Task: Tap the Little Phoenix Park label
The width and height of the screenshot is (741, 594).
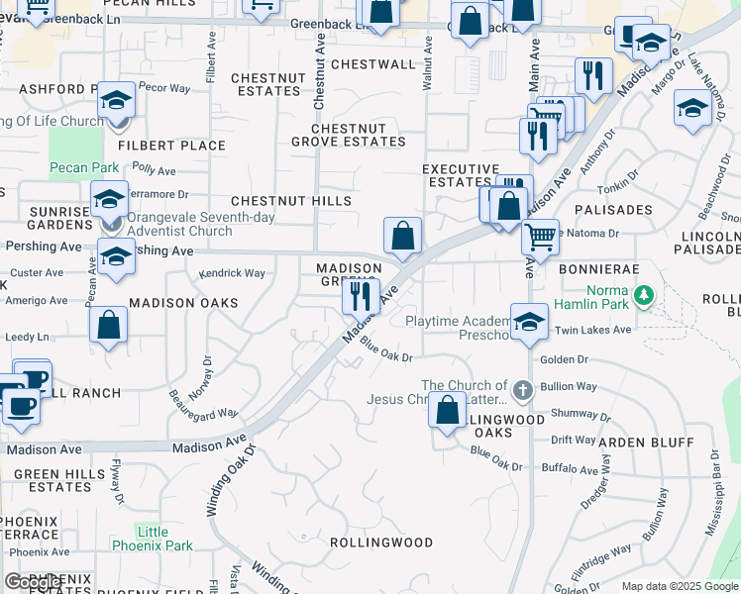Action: pos(165,539)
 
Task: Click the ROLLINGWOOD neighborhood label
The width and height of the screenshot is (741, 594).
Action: pos(381,543)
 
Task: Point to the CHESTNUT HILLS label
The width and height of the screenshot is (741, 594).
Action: pos(291,201)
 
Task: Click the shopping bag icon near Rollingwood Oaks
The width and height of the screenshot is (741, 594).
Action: pos(447,409)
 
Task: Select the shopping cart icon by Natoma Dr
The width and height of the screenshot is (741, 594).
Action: pos(540,237)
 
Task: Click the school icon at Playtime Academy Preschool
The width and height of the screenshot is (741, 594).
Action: pos(529,322)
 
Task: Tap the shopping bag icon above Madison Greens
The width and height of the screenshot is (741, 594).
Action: pos(402,237)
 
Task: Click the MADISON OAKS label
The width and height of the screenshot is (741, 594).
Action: pos(183,303)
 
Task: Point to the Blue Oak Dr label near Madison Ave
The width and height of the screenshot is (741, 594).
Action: pos(385,349)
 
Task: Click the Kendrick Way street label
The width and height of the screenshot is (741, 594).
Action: pos(232,272)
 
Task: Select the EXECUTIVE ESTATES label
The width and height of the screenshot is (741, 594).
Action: pos(460,175)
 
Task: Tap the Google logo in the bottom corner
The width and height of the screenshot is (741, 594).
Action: pos(34,582)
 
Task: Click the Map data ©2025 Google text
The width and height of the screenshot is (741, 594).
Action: pos(680,586)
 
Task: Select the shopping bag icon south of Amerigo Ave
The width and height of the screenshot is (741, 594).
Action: pos(108,326)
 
